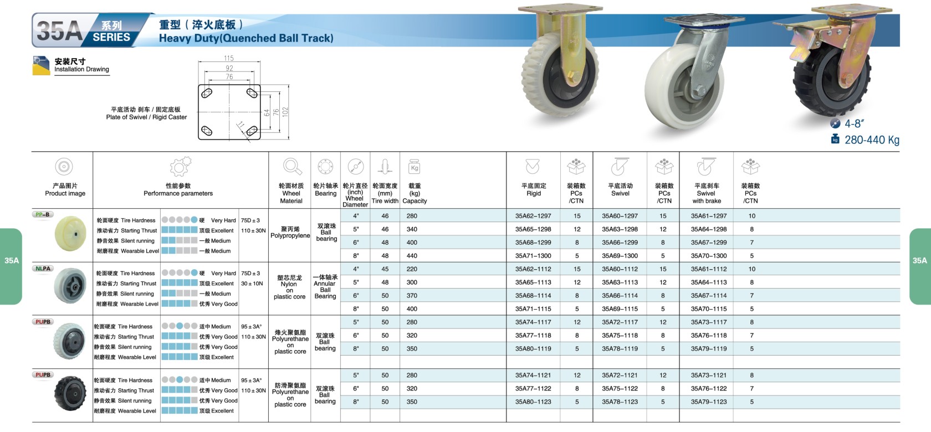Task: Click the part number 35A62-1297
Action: click(x=533, y=216)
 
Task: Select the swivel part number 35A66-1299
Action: click(x=620, y=243)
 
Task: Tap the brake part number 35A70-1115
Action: click(x=709, y=309)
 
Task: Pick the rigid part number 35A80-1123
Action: click(x=533, y=402)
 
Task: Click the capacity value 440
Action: click(x=412, y=256)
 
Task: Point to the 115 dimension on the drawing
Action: click(x=228, y=58)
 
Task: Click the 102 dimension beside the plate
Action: click(x=285, y=112)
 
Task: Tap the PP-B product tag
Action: click(x=42, y=214)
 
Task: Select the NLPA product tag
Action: click(x=43, y=268)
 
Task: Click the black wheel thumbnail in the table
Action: click(x=70, y=393)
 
